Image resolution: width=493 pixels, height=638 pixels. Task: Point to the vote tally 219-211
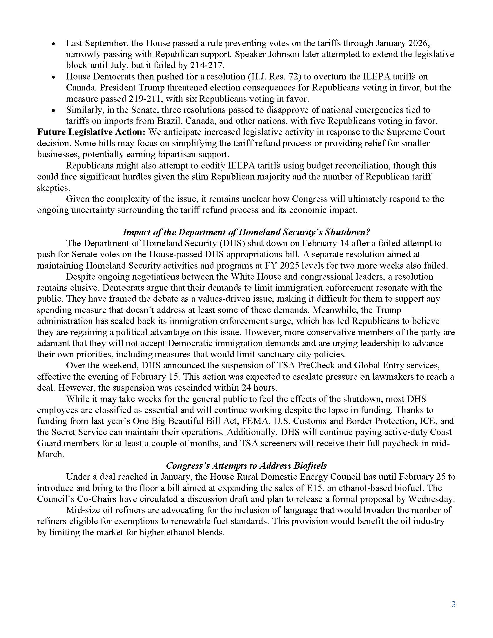[146, 99]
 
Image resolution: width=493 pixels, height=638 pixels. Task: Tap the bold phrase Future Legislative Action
[91, 132]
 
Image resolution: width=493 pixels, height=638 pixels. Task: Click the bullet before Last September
[53, 44]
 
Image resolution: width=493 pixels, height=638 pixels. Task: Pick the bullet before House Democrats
[53, 77]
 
